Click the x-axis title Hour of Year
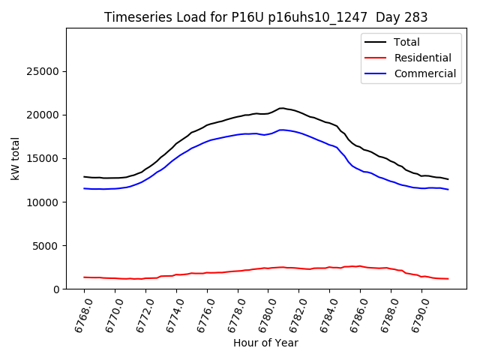[265, 343]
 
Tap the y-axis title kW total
[15, 159]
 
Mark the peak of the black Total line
[281, 108]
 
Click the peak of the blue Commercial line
[282, 130]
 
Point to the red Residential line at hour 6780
[268, 268]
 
